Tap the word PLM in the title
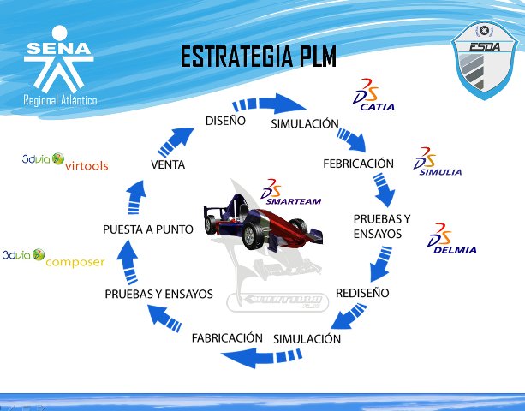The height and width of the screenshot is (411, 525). coord(312,57)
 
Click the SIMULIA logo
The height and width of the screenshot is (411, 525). coord(437,163)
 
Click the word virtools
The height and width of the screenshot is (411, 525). coord(87,164)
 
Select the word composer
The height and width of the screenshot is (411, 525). coord(75,262)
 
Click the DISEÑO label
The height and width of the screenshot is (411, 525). coord(225,121)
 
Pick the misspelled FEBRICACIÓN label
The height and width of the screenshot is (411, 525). coord(358,164)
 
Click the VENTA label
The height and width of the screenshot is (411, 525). coord(167,164)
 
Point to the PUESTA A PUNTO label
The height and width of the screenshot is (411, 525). coord(147,229)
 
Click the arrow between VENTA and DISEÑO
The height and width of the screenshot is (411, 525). coord(180,135)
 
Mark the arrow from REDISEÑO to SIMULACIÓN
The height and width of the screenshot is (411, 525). coord(346,315)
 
